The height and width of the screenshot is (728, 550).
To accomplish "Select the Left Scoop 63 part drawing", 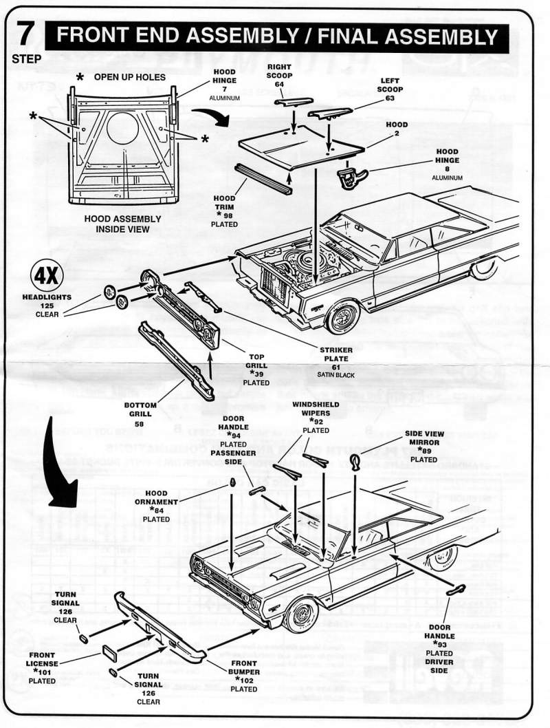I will (x=329, y=111).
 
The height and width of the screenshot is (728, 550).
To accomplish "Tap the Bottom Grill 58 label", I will (x=140, y=410).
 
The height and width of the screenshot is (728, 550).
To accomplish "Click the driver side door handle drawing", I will (x=456, y=588).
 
